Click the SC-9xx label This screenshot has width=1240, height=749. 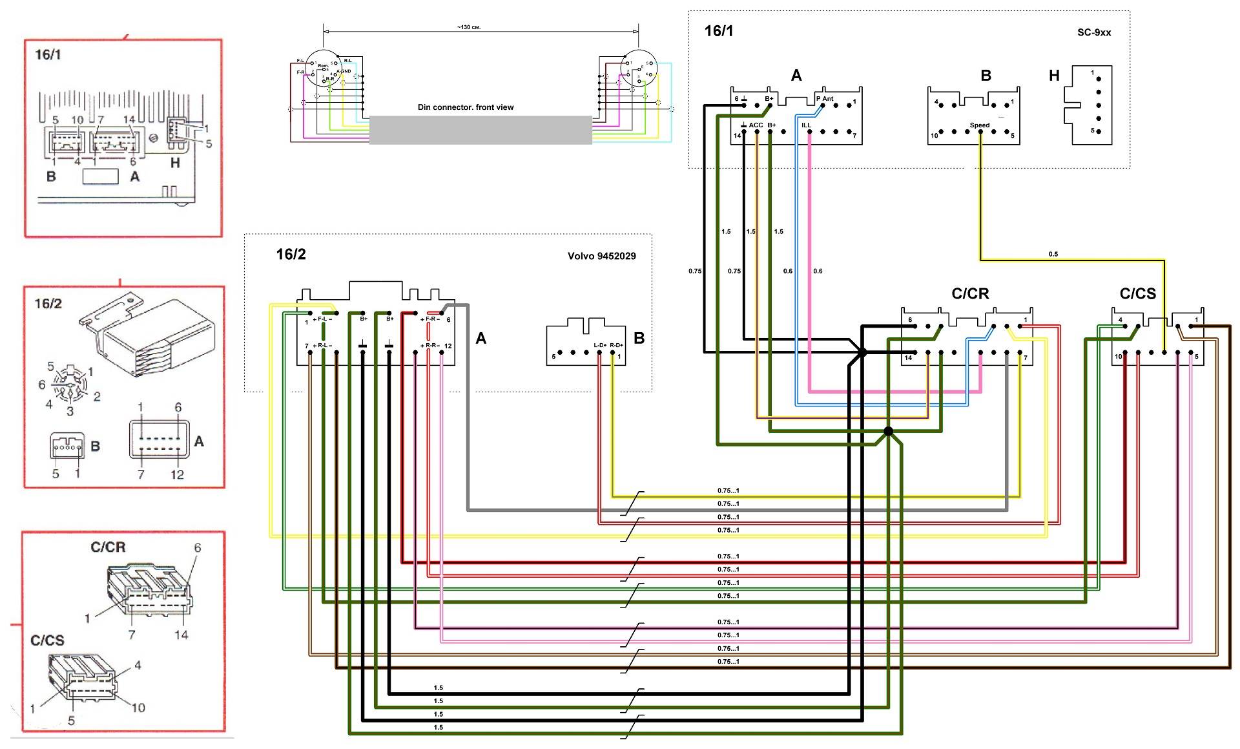pyautogui.click(x=1093, y=32)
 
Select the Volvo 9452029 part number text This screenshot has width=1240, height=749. pyautogui.click(x=601, y=256)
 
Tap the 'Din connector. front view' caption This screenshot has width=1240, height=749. pyautogui.click(x=465, y=107)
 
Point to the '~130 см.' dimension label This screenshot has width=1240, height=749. pyautogui.click(x=468, y=28)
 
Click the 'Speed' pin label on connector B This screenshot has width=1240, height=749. pyautogui.click(x=979, y=125)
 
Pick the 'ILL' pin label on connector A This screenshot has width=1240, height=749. pyautogui.click(x=806, y=125)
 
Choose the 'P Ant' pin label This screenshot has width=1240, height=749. pyautogui.click(x=825, y=99)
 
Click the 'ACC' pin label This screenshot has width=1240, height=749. pyautogui.click(x=756, y=125)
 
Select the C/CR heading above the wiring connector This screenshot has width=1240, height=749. pyautogui.click(x=970, y=294)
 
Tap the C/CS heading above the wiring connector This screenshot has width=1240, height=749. pyautogui.click(x=1137, y=294)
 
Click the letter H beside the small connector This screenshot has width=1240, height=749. pyautogui.click(x=1054, y=76)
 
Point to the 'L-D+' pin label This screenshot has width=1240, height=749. pyautogui.click(x=600, y=346)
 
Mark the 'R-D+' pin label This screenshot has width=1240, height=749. pyautogui.click(x=616, y=346)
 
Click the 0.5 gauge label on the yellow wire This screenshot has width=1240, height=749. pyautogui.click(x=1053, y=254)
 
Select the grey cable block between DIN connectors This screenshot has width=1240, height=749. pyautogui.click(x=480, y=130)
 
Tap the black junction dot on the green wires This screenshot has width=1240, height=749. pyautogui.click(x=889, y=431)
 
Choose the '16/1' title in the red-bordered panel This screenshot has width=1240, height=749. pyautogui.click(x=48, y=54)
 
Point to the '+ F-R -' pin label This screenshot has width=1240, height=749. pyautogui.click(x=431, y=319)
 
